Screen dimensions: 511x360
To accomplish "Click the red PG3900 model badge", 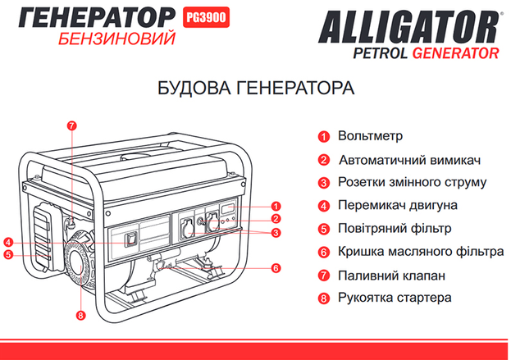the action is pyautogui.click(x=206, y=17).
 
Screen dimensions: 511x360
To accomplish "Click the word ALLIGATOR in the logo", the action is pyautogui.click(x=408, y=27).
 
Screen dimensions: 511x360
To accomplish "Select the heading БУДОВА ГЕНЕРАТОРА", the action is pyautogui.click(x=256, y=88).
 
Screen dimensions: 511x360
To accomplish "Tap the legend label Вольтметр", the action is pyautogui.click(x=370, y=135).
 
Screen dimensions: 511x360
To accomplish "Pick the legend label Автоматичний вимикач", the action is pyautogui.click(x=409, y=160).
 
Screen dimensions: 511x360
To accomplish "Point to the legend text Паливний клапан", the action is pyautogui.click(x=391, y=276).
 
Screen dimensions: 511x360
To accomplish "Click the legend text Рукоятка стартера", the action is pyautogui.click(x=395, y=298).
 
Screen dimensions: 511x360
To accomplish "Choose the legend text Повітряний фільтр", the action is pyautogui.click(x=395, y=228).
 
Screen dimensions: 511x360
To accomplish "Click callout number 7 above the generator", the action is pyautogui.click(x=72, y=125).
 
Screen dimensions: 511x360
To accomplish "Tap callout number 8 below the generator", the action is pyautogui.click(x=80, y=315).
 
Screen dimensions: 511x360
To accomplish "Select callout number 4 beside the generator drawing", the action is pyautogui.click(x=8, y=242).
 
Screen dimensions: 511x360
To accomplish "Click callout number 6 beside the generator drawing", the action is pyautogui.click(x=276, y=268).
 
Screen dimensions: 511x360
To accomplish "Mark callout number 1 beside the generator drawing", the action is pyautogui.click(x=276, y=206).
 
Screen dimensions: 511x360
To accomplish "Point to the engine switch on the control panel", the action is pyautogui.click(x=132, y=239).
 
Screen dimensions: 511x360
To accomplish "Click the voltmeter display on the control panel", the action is pyautogui.click(x=227, y=209).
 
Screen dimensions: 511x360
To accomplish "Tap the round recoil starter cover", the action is pyautogui.click(x=80, y=265).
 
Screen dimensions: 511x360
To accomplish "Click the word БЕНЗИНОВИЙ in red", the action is pyautogui.click(x=117, y=39).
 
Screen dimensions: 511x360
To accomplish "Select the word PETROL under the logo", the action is pyautogui.click(x=381, y=53).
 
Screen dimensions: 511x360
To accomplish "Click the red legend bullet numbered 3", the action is pyautogui.click(x=324, y=183).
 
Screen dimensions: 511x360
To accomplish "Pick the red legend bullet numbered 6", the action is pyautogui.click(x=324, y=252).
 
